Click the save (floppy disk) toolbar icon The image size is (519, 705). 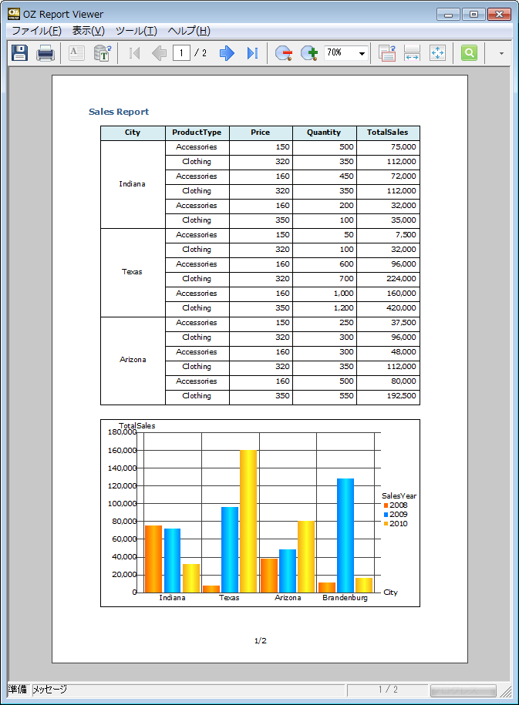tap(20, 53)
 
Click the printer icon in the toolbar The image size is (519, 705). tap(45, 53)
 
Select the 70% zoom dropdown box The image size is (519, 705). tap(345, 53)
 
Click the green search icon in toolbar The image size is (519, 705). tap(469, 53)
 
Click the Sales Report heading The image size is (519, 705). tap(119, 112)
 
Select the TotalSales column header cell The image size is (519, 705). tap(388, 133)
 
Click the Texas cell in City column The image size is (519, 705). tap(132, 272)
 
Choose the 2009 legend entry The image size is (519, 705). tap(395, 515)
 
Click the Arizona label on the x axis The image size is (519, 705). tap(288, 598)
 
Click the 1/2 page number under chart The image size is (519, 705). tap(260, 641)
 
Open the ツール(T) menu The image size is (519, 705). tap(136, 31)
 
